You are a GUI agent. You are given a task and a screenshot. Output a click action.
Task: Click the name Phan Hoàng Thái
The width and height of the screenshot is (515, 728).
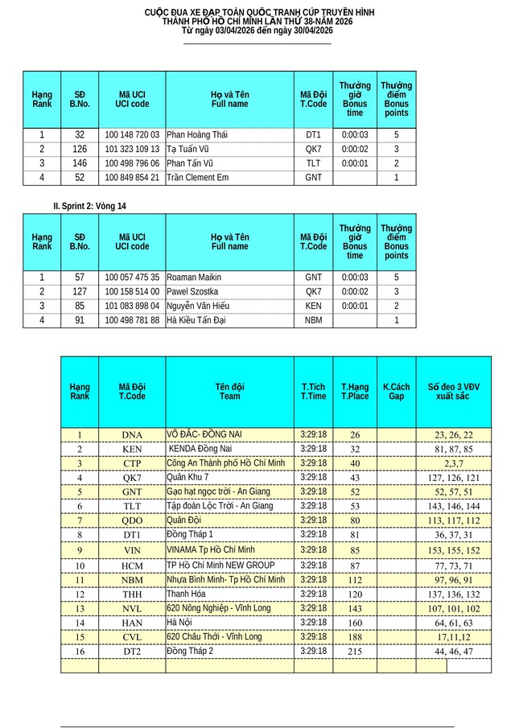[x=196, y=135]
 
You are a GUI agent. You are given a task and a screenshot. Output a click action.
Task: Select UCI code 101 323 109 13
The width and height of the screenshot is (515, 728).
[x=132, y=149]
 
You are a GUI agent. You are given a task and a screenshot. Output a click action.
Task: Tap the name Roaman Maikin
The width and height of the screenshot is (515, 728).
[x=193, y=278]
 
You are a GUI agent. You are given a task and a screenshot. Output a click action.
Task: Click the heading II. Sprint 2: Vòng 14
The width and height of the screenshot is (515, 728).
[x=89, y=207]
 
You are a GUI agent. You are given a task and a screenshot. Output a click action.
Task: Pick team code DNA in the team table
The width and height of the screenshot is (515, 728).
[x=132, y=435]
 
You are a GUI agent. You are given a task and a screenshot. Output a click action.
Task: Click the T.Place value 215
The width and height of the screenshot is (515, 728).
[x=355, y=652]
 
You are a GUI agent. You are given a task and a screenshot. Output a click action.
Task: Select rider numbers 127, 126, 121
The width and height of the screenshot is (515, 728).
[x=454, y=478]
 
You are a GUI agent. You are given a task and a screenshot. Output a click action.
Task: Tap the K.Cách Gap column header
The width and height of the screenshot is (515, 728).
[x=396, y=392]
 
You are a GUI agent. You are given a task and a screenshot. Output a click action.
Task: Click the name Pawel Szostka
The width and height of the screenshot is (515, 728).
[x=193, y=292]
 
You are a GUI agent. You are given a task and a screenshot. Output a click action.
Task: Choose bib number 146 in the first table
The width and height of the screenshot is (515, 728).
[x=80, y=163]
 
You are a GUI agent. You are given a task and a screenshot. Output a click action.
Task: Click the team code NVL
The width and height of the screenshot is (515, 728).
[x=132, y=609]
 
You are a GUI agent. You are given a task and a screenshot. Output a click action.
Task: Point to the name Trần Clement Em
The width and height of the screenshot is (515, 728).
[x=197, y=178]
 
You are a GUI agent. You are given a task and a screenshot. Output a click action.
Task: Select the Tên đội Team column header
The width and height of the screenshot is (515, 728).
[x=229, y=392]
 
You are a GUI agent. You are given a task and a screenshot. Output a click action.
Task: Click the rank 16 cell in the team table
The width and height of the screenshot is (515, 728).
[x=80, y=652]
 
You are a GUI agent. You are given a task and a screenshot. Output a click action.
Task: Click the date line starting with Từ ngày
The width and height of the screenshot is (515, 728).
[x=257, y=31]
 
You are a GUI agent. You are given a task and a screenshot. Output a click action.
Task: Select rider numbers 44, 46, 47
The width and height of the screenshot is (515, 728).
[x=454, y=652]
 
